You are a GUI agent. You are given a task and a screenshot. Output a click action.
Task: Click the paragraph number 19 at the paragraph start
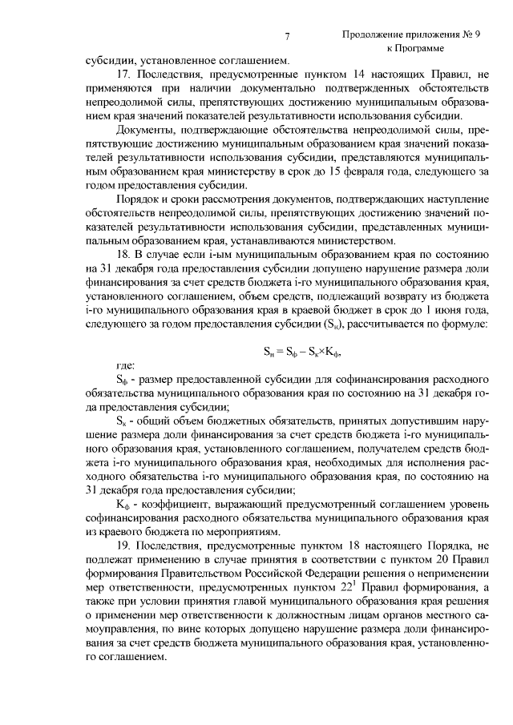(123, 544)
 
